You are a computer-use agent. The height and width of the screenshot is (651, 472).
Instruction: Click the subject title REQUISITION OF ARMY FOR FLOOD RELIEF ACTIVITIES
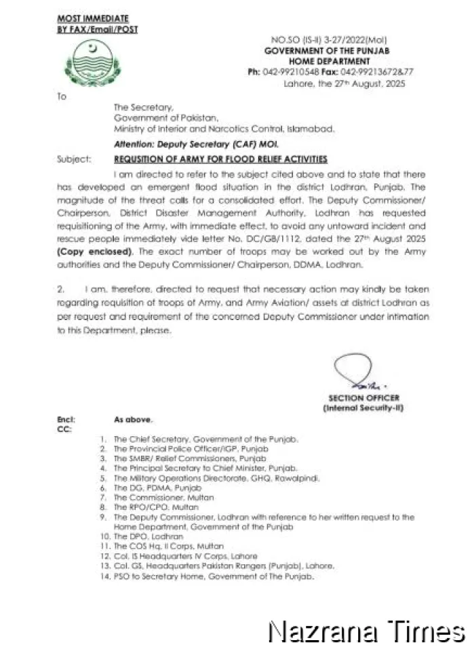click(x=220, y=159)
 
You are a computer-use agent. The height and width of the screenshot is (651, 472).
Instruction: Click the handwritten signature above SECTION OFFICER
click(x=352, y=374)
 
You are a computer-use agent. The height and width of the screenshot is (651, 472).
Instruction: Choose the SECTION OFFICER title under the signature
click(x=363, y=398)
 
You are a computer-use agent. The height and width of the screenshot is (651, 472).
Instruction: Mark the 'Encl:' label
click(x=66, y=420)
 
